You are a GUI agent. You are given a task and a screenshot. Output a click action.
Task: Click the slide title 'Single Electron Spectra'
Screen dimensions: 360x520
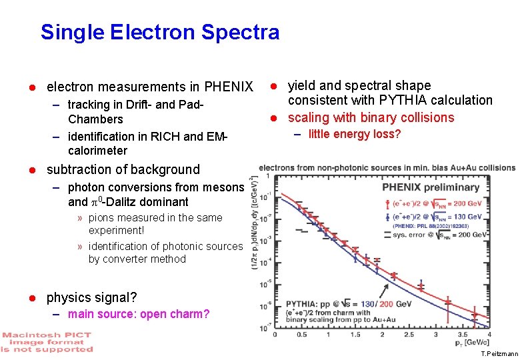pyautogui.click(x=160, y=32)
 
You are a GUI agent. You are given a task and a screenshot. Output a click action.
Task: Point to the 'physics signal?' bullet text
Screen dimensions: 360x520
pyautogui.click(x=91, y=297)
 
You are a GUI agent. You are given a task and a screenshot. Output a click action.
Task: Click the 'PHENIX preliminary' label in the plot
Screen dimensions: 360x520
pyautogui.click(x=430, y=187)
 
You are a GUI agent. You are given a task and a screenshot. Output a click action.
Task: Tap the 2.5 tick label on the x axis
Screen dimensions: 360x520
pyautogui.click(x=409, y=335)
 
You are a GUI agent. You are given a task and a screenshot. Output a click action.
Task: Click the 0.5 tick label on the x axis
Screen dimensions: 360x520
pyautogui.click(x=301, y=335)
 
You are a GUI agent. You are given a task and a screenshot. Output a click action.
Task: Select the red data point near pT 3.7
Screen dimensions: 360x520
pyautogui.click(x=474, y=313)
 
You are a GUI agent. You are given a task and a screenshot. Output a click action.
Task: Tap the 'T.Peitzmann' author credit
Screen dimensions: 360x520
pyautogui.click(x=499, y=354)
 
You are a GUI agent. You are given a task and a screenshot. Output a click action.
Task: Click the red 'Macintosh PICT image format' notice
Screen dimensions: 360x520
pyautogui.click(x=47, y=341)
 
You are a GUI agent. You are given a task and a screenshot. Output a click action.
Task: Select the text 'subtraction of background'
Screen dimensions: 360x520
pyautogui.click(x=123, y=169)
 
